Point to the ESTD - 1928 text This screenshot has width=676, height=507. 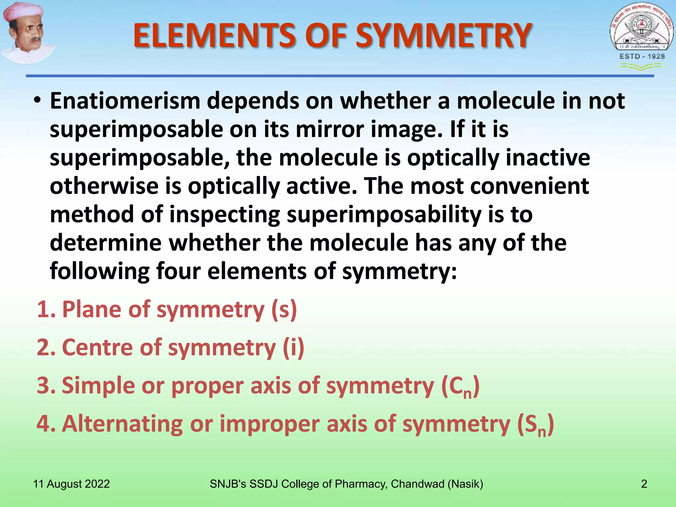click(x=642, y=56)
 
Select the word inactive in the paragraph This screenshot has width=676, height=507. click(x=548, y=158)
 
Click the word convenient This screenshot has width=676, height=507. click(x=529, y=186)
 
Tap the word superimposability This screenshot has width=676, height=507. click(x=384, y=215)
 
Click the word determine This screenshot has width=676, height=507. click(x=106, y=243)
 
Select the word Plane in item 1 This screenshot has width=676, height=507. click(x=92, y=310)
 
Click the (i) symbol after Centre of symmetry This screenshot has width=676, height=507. click(x=293, y=348)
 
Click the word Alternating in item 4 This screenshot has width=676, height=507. click(x=122, y=424)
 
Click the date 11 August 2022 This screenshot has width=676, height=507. click(x=71, y=484)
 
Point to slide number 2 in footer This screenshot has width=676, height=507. click(x=644, y=484)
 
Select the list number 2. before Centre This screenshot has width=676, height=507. click(x=46, y=348)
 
